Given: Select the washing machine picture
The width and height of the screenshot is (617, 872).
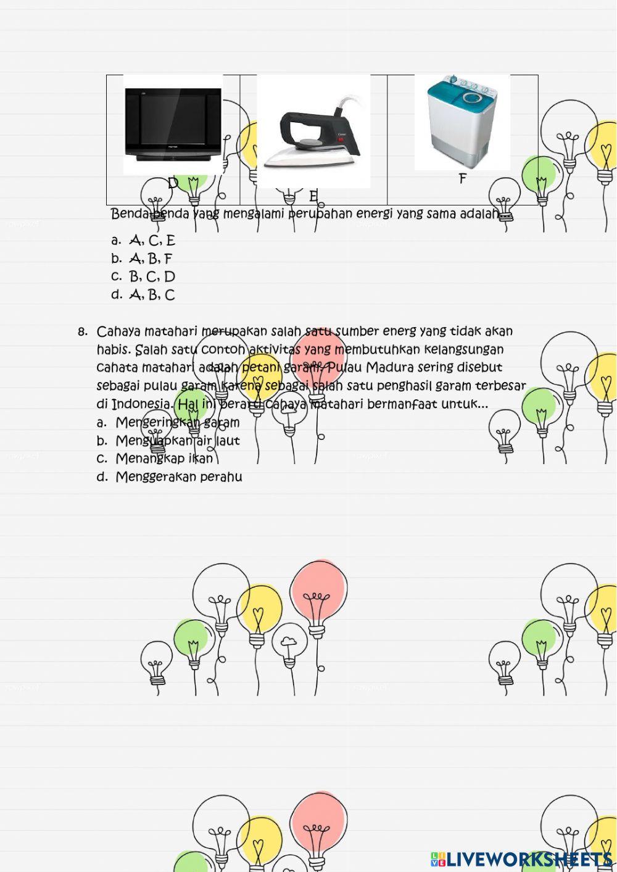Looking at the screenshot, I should [x=462, y=122].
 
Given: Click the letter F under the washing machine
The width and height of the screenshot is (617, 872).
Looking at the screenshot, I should [x=462, y=179].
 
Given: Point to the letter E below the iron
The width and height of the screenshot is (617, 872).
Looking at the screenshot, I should [x=313, y=196].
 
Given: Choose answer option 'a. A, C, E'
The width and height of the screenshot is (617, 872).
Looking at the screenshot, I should [x=144, y=241].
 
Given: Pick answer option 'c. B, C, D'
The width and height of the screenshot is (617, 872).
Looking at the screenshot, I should [x=144, y=276].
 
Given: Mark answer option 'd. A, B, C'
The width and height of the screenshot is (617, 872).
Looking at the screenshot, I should [x=144, y=295].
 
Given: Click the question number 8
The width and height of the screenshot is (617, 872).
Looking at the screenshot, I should [x=83, y=332].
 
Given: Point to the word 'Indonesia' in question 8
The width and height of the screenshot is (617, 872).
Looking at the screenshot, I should [x=141, y=404].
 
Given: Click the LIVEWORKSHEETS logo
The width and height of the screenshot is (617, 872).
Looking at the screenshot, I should [x=521, y=858].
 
